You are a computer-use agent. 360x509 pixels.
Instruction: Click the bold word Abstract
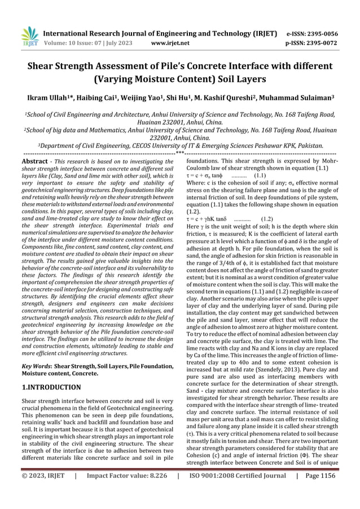click(33, 161)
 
